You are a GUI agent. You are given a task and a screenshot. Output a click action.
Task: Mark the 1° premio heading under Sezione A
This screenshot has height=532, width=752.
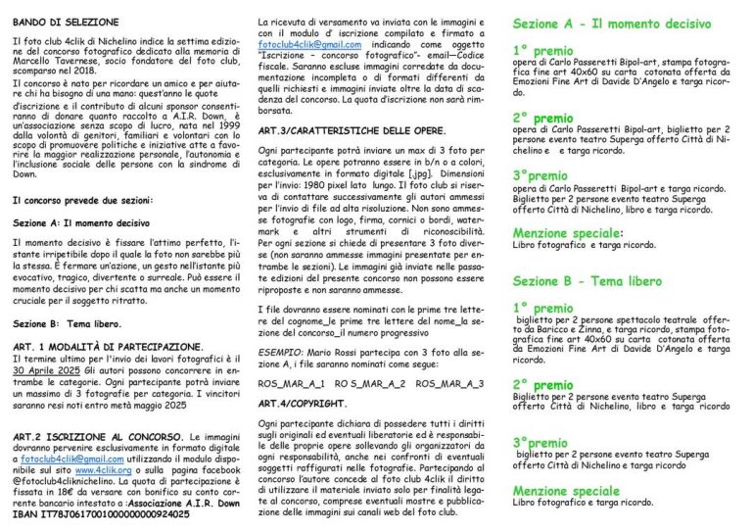coord(542,49)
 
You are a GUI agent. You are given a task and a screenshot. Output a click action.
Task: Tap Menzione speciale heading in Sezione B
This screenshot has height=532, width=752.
coord(567,489)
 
